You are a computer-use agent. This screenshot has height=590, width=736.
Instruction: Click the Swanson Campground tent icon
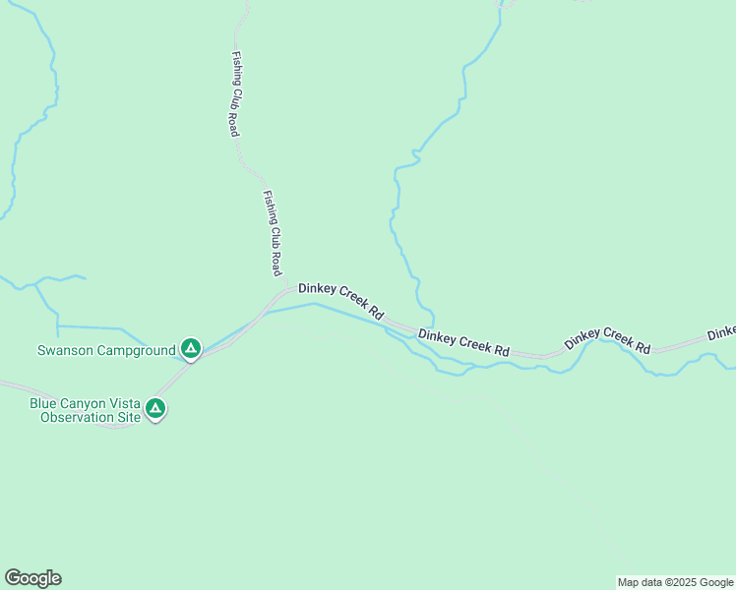click(x=191, y=348)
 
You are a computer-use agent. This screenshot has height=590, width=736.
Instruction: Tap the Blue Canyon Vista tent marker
click(x=154, y=407)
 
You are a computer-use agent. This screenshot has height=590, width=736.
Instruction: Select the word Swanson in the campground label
click(x=66, y=350)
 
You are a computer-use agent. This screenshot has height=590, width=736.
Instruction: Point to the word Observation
click(x=77, y=417)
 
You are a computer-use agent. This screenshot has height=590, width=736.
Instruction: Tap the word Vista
click(x=126, y=403)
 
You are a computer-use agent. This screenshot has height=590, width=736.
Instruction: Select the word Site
click(x=128, y=417)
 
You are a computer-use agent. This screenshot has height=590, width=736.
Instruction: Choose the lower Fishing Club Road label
click(x=273, y=232)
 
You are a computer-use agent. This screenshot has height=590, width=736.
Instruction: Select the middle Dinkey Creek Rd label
click(x=463, y=342)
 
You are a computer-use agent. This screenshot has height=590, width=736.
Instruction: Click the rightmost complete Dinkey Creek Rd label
click(x=608, y=339)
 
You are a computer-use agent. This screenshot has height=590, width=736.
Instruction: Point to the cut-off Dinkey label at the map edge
click(x=721, y=331)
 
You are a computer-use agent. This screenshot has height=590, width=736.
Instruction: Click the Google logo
click(x=32, y=578)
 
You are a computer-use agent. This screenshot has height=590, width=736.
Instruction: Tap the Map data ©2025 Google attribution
click(x=675, y=582)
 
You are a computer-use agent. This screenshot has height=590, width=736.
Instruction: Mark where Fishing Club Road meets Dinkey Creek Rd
click(x=286, y=290)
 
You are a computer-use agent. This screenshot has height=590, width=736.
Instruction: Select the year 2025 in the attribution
click(x=679, y=582)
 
